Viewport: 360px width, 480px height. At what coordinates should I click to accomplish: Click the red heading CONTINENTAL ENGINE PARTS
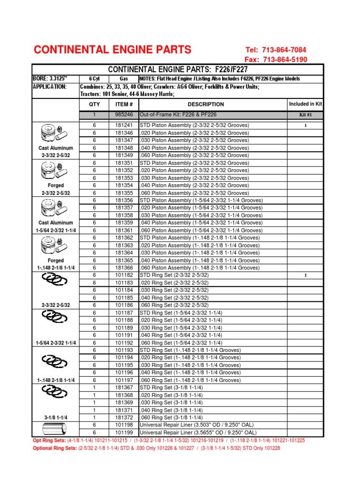(112, 50)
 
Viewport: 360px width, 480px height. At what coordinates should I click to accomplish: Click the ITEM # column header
(124, 104)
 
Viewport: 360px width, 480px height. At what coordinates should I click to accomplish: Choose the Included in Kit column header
(305, 104)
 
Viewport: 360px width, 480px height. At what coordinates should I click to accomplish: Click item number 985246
(124, 115)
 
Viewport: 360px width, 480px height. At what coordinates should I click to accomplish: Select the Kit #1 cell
(305, 115)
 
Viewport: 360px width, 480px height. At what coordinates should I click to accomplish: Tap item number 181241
(124, 125)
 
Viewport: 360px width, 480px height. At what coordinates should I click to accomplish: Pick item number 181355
(124, 193)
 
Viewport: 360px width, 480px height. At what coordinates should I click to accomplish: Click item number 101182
(124, 275)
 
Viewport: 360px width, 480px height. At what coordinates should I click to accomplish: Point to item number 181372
(124, 417)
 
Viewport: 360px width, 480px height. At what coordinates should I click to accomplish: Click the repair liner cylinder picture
(54, 428)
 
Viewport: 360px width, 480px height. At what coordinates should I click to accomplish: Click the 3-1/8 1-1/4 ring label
(56, 417)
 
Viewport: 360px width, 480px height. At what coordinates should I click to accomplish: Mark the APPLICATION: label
(50, 87)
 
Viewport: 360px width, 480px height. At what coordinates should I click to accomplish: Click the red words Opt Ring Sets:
(50, 441)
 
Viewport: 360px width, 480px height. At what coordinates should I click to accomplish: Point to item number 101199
(124, 432)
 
